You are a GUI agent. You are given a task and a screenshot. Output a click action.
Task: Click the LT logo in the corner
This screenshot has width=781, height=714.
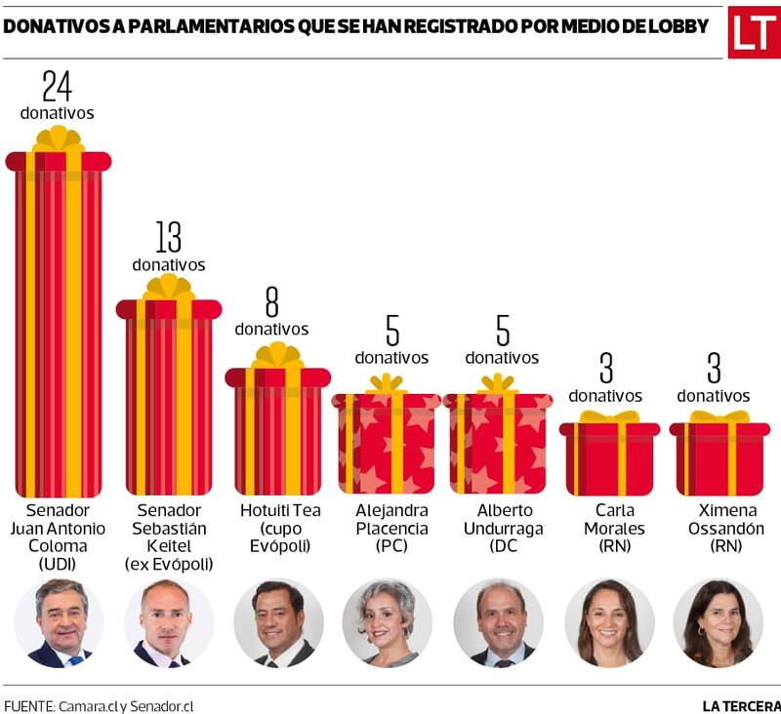[x=754, y=32]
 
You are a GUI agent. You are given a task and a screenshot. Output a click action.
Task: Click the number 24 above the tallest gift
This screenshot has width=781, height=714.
[x=58, y=86]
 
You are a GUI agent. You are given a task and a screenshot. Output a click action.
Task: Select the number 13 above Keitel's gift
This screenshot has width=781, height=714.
[x=169, y=237]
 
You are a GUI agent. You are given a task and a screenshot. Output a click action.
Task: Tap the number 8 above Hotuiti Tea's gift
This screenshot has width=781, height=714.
[x=271, y=302]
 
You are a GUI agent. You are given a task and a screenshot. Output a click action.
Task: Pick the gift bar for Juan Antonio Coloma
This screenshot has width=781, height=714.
[x=59, y=322]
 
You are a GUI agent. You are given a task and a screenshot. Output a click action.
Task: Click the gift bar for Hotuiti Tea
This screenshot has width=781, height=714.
[x=278, y=429]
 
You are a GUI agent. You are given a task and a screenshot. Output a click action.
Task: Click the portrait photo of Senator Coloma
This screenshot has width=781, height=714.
[x=60, y=623]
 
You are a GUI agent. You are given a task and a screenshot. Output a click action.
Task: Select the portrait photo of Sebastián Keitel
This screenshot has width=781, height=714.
[x=168, y=623]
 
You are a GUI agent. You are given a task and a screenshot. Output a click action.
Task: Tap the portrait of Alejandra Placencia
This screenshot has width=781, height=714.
[x=388, y=623]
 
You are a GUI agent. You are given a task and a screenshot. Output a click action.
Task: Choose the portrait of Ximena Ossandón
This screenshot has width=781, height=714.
[x=718, y=623]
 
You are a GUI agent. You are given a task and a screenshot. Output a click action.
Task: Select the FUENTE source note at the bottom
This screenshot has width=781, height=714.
[x=99, y=704]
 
